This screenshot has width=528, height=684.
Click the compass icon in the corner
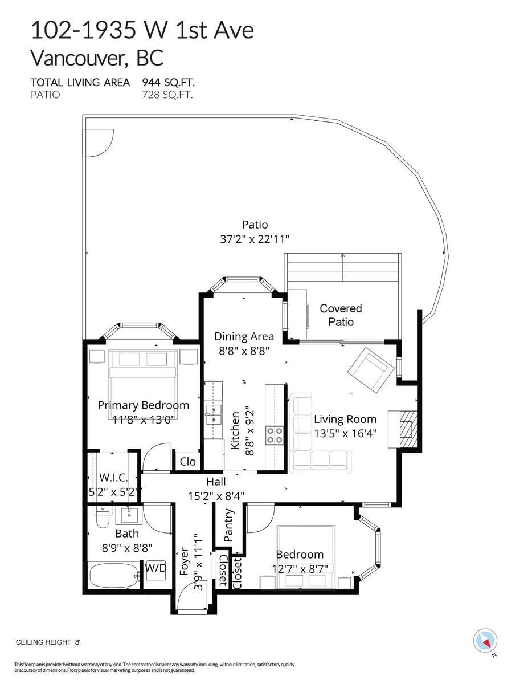tap(485, 640)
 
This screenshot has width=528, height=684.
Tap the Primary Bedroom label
tap(143, 405)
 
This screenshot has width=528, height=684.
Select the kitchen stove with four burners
tap(275, 435)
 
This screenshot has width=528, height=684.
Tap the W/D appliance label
tap(155, 568)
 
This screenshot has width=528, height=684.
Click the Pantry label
tap(229, 525)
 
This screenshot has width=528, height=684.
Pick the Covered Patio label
tap(341, 315)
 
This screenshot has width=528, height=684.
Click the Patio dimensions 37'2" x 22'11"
tap(255, 239)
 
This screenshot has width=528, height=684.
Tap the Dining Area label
tap(244, 336)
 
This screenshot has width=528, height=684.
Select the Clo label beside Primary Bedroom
tap(187, 461)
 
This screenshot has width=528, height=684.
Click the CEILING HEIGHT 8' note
tap(47, 642)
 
